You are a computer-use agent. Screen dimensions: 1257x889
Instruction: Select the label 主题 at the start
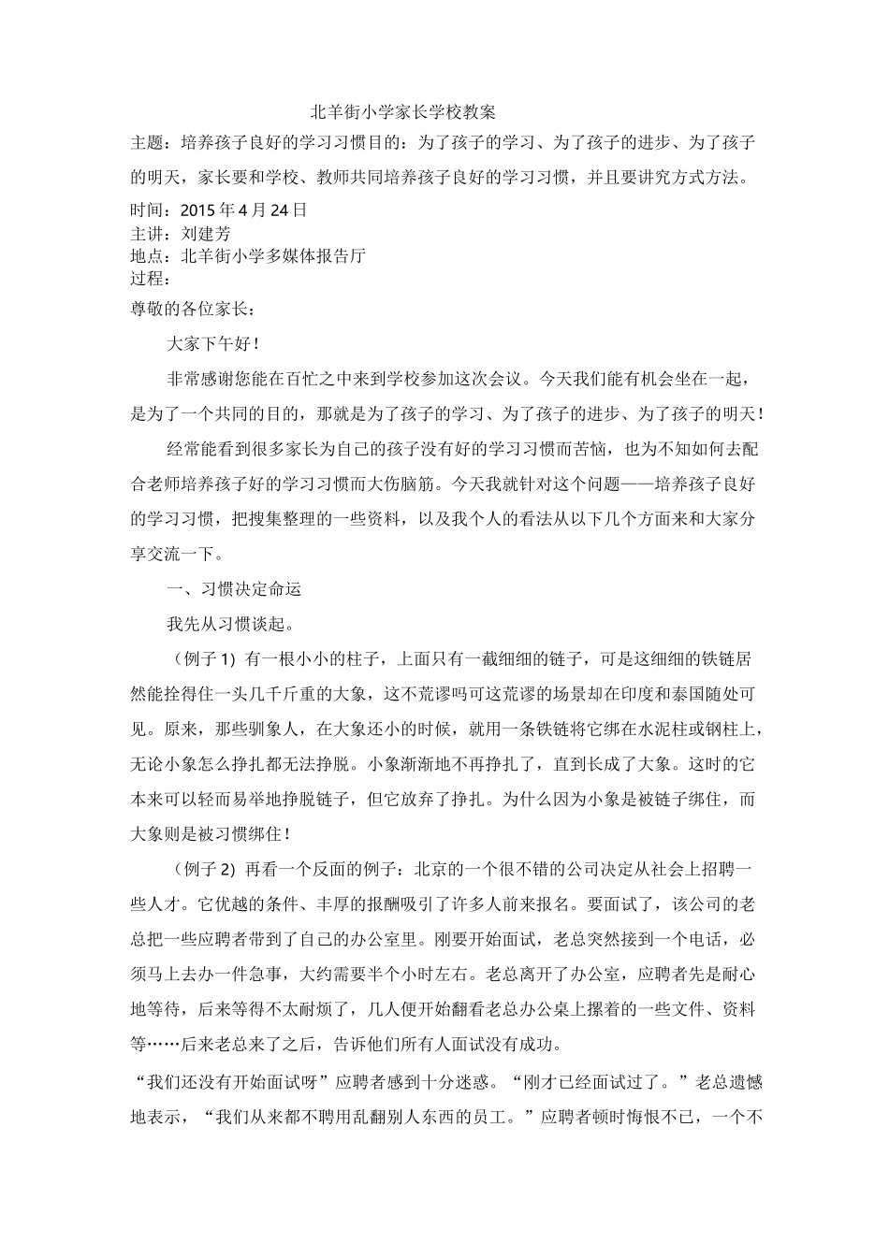(x=146, y=143)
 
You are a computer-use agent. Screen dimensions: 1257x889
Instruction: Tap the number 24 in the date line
(x=279, y=210)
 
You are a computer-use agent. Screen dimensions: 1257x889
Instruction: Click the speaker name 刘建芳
(x=205, y=233)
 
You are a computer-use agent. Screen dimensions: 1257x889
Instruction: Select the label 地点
(x=146, y=255)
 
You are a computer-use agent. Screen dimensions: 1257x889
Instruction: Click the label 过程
(x=146, y=278)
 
